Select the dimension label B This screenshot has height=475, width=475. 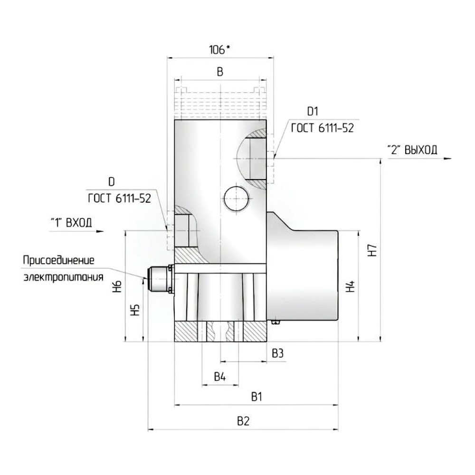(220, 72)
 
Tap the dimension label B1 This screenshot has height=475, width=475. (257, 397)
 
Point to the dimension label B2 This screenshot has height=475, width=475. (243, 421)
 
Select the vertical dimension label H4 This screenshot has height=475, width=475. (350, 286)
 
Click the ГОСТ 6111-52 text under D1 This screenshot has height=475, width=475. (323, 128)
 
